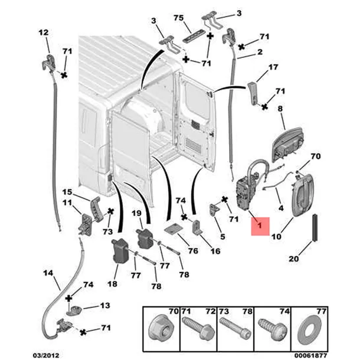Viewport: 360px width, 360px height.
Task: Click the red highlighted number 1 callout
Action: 260,226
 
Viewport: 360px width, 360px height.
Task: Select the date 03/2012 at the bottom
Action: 46,355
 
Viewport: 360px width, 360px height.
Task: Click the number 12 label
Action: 44,32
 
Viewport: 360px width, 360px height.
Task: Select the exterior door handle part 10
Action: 303,195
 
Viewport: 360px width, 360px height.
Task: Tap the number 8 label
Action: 280,109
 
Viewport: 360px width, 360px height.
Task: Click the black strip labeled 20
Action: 315,228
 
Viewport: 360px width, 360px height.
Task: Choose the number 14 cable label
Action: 48,273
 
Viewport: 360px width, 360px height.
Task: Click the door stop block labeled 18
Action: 121,250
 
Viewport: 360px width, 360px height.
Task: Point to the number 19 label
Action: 136,213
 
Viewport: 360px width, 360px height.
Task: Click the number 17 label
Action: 273,67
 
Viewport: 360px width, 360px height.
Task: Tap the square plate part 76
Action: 174,228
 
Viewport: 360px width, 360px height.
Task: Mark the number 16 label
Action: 215,251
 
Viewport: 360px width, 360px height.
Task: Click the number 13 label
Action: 105,306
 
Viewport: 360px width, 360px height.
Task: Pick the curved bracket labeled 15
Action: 95,209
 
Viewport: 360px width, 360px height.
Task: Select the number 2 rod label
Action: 260,52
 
